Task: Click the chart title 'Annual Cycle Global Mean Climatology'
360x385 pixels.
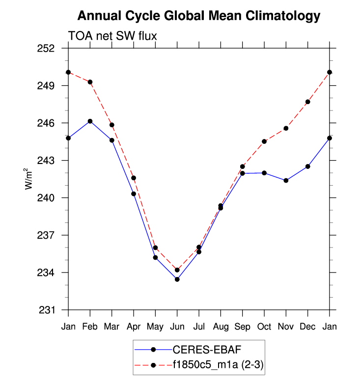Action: click(x=199, y=16)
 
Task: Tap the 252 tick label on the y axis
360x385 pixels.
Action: click(x=53, y=49)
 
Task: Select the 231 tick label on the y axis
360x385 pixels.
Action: click(x=53, y=310)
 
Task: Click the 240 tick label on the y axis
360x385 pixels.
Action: click(x=53, y=198)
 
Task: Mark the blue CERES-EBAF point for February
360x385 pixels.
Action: click(x=90, y=121)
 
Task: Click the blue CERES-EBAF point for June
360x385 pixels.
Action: click(x=177, y=279)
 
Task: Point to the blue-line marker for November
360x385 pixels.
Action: click(x=286, y=181)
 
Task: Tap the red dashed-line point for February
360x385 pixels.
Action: click(x=90, y=82)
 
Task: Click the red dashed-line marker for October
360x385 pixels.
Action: click(x=264, y=141)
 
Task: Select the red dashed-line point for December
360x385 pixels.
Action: click(x=308, y=102)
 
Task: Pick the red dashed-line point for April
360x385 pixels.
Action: click(x=134, y=178)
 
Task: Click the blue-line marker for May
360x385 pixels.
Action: click(x=155, y=257)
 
